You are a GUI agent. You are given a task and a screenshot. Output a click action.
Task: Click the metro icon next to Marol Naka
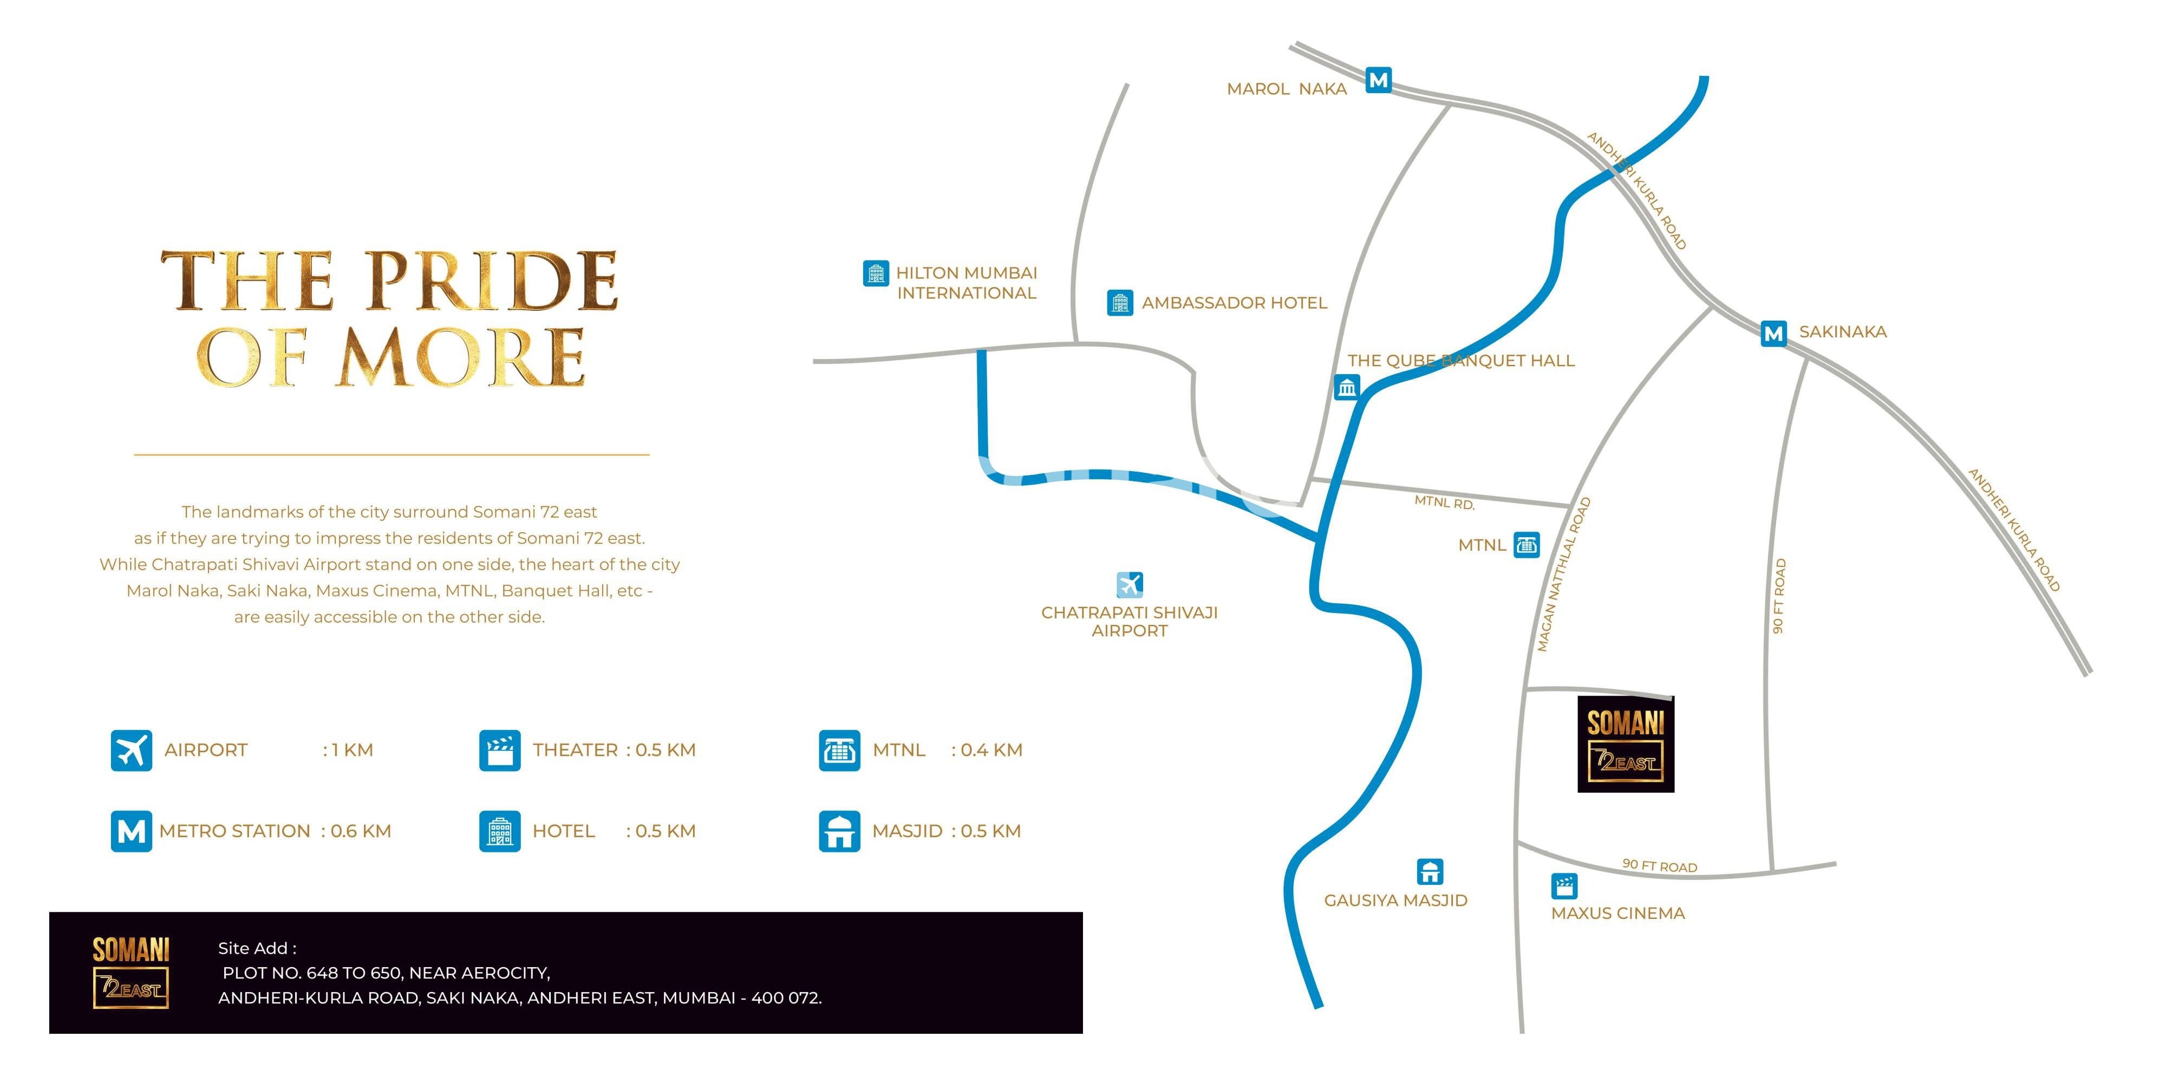[x=1378, y=80]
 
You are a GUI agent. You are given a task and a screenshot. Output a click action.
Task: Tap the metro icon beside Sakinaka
[x=1773, y=333]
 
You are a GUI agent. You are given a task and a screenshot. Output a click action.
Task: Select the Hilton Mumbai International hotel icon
[x=875, y=273]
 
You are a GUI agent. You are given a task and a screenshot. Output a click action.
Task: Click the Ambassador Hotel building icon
[x=1119, y=303]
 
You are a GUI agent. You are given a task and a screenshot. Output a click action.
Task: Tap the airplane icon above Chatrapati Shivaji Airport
[x=1130, y=584]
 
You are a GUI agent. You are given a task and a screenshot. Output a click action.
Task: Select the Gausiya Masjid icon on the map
[x=1430, y=871]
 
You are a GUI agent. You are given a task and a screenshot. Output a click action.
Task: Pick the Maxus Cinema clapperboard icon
[x=1564, y=885]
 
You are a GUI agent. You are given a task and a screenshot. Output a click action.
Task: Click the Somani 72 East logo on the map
[x=1626, y=744]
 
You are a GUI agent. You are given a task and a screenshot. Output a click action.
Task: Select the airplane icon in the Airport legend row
[x=131, y=750]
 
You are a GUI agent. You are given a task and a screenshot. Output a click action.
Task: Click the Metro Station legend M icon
[x=131, y=831]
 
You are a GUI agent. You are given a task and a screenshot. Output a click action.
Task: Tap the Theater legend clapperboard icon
[x=499, y=750]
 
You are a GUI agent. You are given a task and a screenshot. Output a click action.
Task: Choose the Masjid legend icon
[x=839, y=831]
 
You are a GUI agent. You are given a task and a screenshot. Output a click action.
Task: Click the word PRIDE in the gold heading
[x=492, y=281]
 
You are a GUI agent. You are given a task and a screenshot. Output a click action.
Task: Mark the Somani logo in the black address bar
[x=131, y=972]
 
